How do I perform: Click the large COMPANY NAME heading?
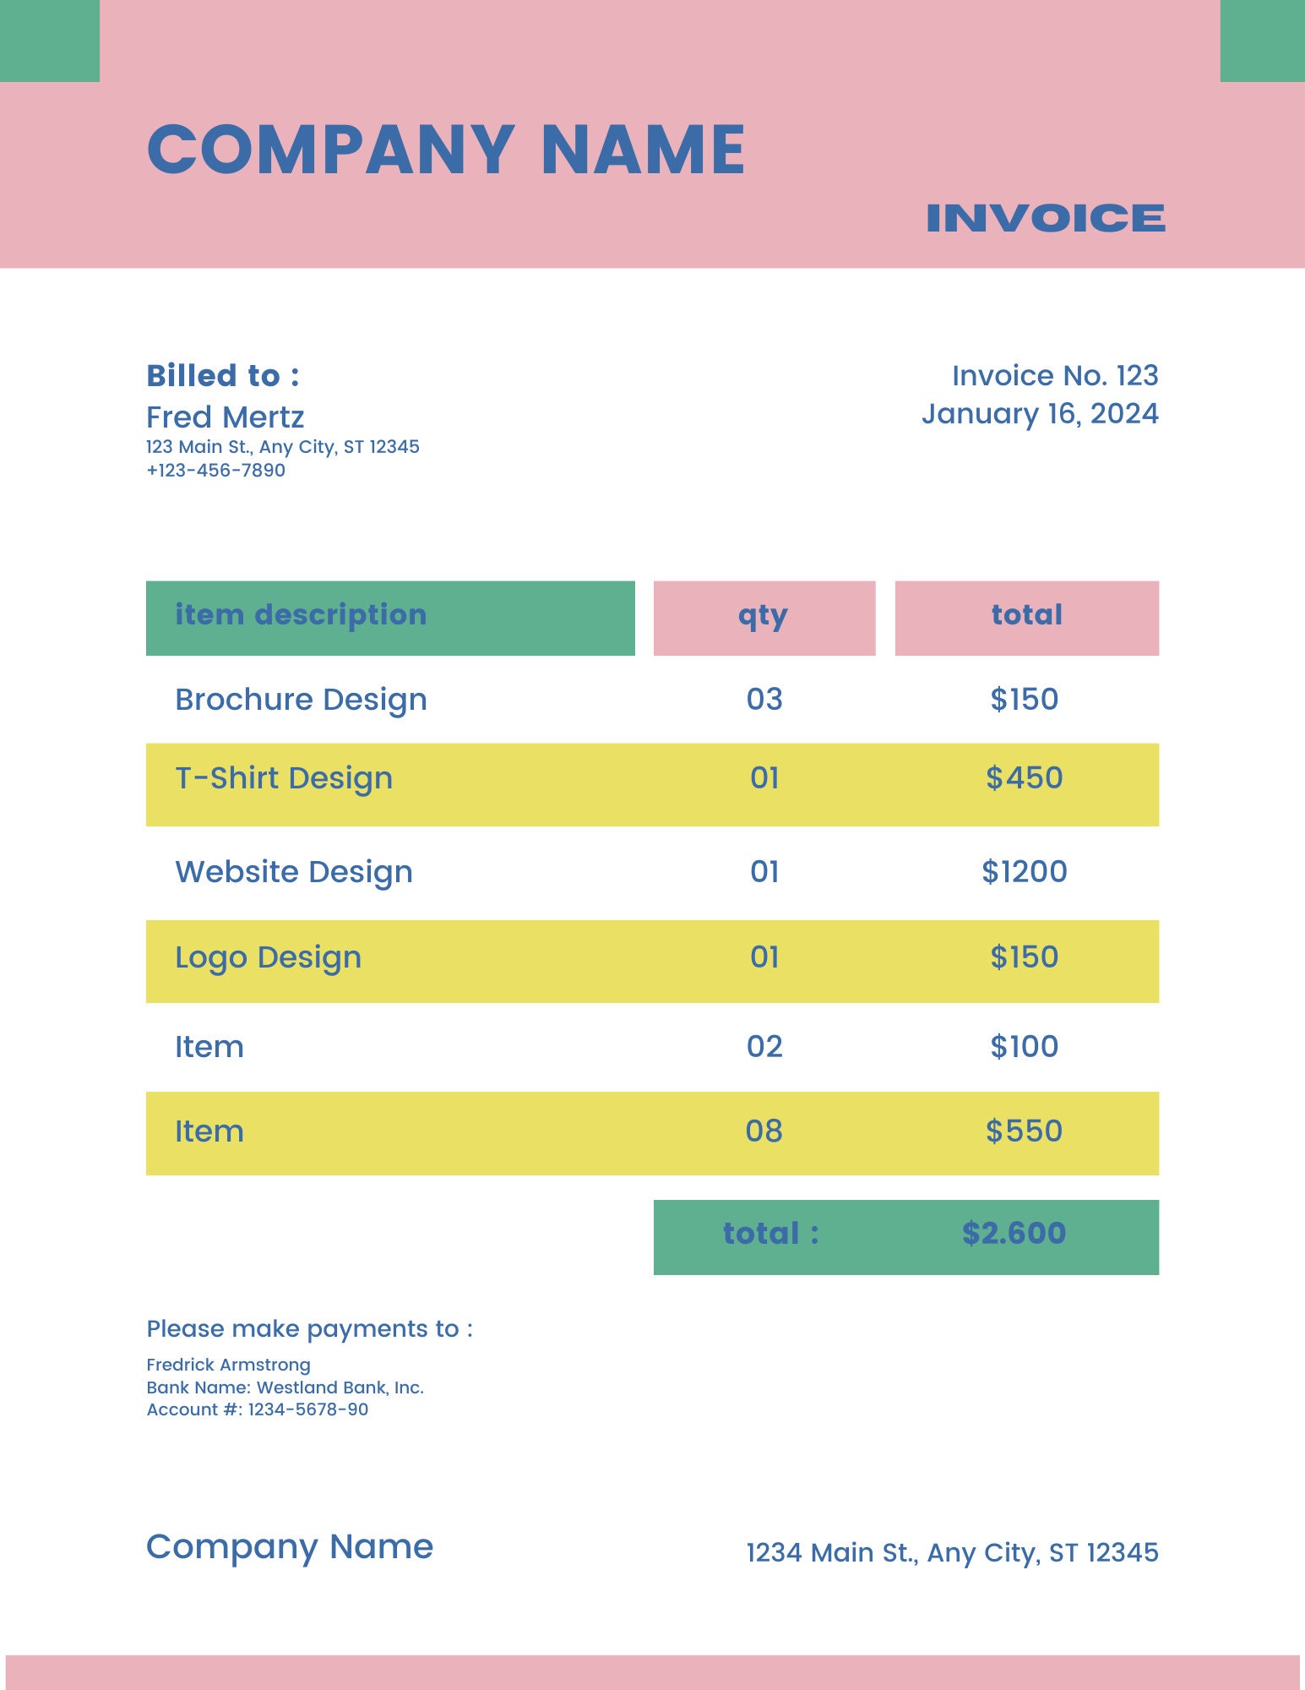[446, 150]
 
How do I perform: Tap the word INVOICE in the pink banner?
[1045, 218]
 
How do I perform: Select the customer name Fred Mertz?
[225, 417]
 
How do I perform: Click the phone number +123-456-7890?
[215, 471]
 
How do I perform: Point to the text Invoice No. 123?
[1054, 376]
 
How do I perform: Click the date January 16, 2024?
[1039, 414]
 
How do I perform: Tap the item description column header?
[301, 615]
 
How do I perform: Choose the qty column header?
[763, 617]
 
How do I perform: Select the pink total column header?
[1026, 615]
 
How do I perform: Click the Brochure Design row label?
[301, 700]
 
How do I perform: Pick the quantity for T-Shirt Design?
[764, 778]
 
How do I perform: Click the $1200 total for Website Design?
[1024, 871]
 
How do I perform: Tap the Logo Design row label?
[268, 958]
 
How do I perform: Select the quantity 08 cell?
[764, 1131]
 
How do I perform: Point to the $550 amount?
[1024, 1131]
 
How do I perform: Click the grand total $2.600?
[1014, 1234]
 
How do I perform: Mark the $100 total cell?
[1024, 1047]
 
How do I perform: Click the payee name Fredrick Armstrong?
[228, 1365]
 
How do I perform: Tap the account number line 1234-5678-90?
[257, 1409]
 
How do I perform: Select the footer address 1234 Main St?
[952, 1553]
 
